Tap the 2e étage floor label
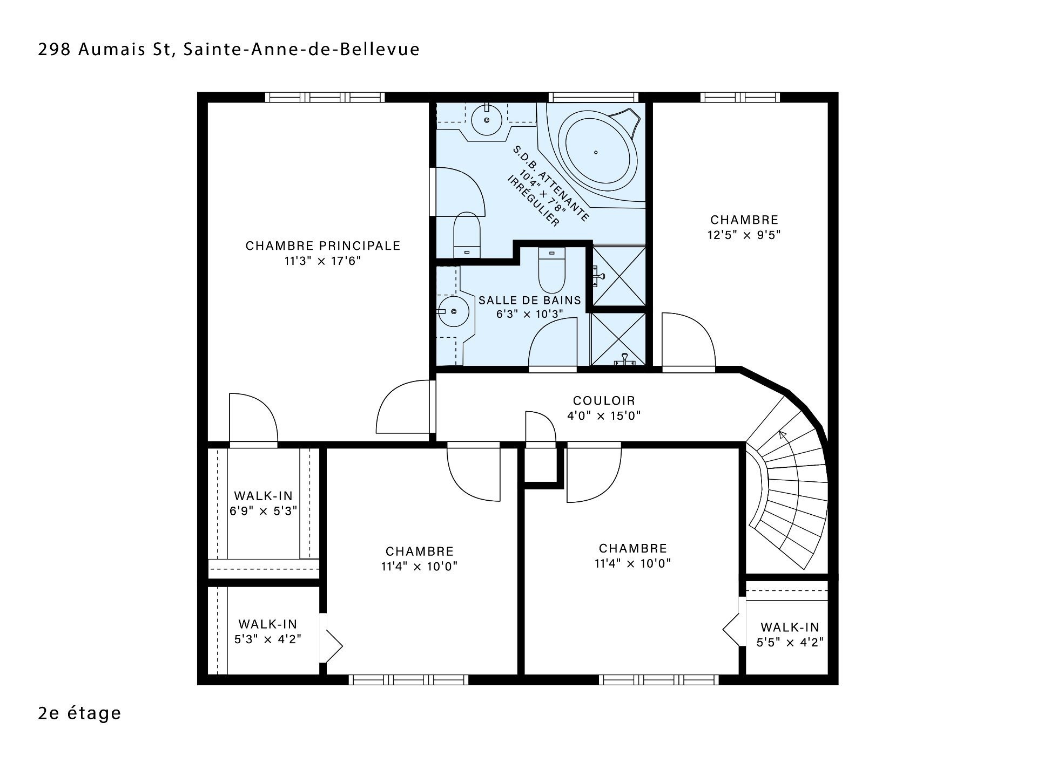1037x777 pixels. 80,713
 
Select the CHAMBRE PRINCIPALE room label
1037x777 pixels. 323,246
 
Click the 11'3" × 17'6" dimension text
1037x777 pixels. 323,261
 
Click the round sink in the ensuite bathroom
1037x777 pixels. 487,120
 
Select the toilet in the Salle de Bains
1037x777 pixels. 551,270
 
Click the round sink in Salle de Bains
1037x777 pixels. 453,312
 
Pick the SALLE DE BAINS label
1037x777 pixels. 530,301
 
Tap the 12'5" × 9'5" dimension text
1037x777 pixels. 744,235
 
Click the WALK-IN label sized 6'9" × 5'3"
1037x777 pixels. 264,496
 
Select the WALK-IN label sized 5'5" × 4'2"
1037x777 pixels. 790,628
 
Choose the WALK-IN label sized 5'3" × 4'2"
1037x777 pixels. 268,624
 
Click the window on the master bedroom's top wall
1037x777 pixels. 325,98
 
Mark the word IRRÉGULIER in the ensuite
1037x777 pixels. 533,201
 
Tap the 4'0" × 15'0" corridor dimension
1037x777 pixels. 604,416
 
